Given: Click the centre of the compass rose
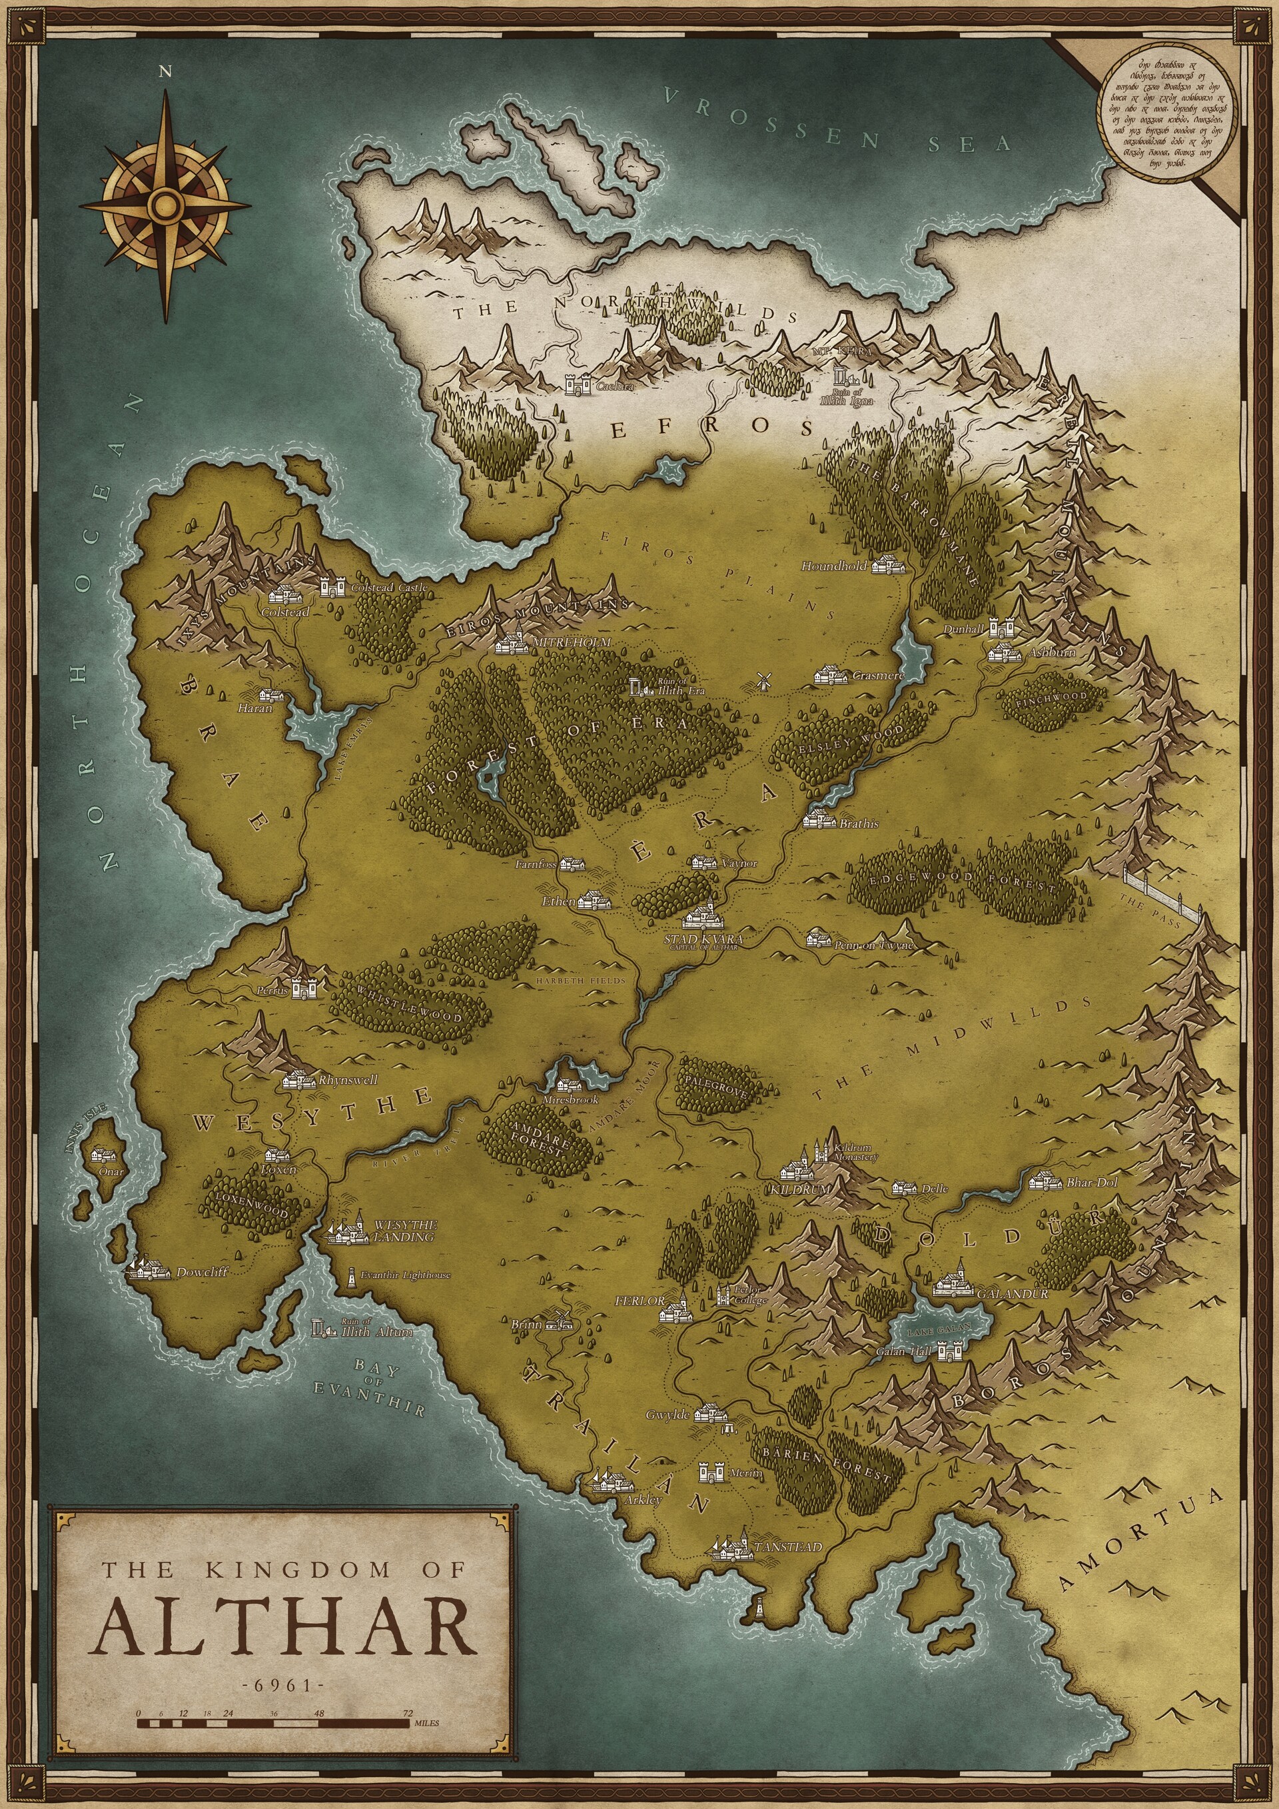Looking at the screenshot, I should pyautogui.click(x=165, y=206).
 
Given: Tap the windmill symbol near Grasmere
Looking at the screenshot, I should pyautogui.click(x=761, y=682).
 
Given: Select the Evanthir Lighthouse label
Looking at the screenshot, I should pyautogui.click(x=405, y=1274).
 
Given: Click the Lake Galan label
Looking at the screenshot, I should pyautogui.click(x=939, y=1331).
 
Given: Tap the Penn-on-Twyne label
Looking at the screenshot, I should pyautogui.click(x=874, y=944).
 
